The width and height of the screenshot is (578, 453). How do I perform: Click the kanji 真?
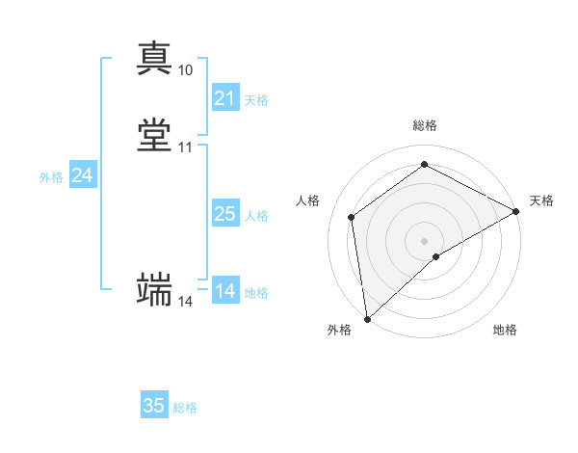pyautogui.click(x=155, y=58)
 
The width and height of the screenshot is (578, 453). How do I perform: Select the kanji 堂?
pyautogui.click(x=155, y=135)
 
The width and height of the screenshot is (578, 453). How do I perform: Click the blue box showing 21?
pyautogui.click(x=224, y=98)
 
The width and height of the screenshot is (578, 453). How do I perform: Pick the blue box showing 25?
pyautogui.click(x=224, y=214)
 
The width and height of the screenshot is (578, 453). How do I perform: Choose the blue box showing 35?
pyautogui.click(x=154, y=406)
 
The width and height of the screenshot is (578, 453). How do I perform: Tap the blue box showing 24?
pyautogui.click(x=83, y=175)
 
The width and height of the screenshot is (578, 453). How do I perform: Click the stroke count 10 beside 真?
pyautogui.click(x=186, y=70)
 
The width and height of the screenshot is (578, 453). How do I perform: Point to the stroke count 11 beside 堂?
pyautogui.click(x=186, y=147)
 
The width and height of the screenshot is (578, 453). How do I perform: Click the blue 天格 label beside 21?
pyautogui.click(x=256, y=100)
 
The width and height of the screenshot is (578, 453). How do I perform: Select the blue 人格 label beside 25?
pyautogui.click(x=256, y=216)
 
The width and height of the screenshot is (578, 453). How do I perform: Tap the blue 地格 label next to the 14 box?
pyautogui.click(x=256, y=293)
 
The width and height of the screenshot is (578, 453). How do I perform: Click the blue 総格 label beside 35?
pyautogui.click(x=185, y=408)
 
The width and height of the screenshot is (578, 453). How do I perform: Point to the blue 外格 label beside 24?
pyautogui.click(x=51, y=177)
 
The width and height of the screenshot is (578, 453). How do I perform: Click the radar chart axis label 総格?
pyautogui.click(x=425, y=125)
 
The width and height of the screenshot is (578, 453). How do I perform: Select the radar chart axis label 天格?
pyautogui.click(x=541, y=200)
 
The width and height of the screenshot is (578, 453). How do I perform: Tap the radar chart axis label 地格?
pyautogui.click(x=505, y=330)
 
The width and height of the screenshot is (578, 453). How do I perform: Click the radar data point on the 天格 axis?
pyautogui.click(x=516, y=211)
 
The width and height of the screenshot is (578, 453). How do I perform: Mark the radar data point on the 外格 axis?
pyautogui.click(x=367, y=318)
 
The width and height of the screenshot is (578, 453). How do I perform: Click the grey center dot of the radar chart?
pyautogui.click(x=425, y=240)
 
